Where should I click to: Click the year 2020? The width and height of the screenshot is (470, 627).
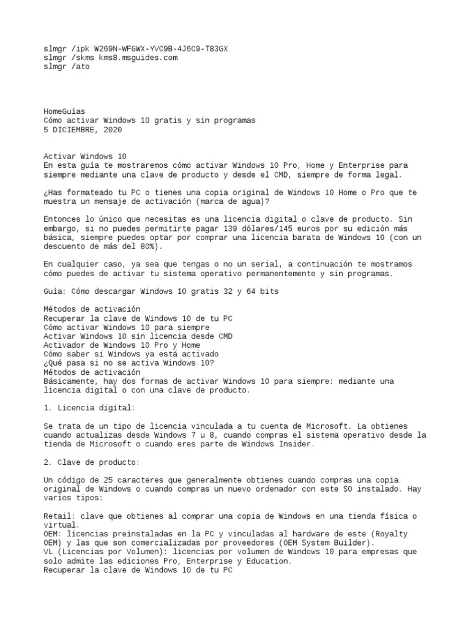point(113,130)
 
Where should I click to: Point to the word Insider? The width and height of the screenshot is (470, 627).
point(296,443)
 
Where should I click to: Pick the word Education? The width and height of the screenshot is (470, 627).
point(269,560)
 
